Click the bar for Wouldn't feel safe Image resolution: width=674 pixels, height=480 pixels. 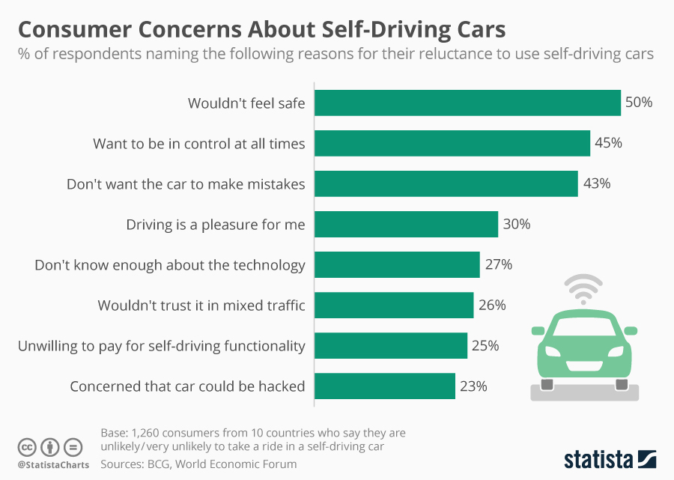467,103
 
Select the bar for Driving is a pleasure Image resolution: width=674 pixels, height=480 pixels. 406,224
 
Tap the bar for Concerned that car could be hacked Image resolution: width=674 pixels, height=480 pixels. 384,386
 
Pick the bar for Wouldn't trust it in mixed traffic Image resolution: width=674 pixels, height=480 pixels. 394,305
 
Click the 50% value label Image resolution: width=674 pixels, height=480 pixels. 639,103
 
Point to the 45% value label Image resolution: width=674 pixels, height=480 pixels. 608,143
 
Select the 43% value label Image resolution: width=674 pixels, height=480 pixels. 596,183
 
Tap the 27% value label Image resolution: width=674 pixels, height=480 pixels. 497,264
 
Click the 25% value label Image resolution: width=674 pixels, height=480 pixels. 485,345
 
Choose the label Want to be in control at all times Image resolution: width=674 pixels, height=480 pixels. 198,143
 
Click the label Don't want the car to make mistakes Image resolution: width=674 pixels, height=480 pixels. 186,183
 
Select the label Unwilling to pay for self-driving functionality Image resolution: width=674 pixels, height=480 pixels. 161,345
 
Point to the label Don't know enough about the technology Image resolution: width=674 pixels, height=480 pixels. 170,264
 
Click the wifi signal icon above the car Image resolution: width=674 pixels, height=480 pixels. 583,288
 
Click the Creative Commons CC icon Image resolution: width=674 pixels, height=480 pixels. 28,447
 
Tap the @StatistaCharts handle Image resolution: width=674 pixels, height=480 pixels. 52,465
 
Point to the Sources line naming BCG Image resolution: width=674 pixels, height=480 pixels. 198,464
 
